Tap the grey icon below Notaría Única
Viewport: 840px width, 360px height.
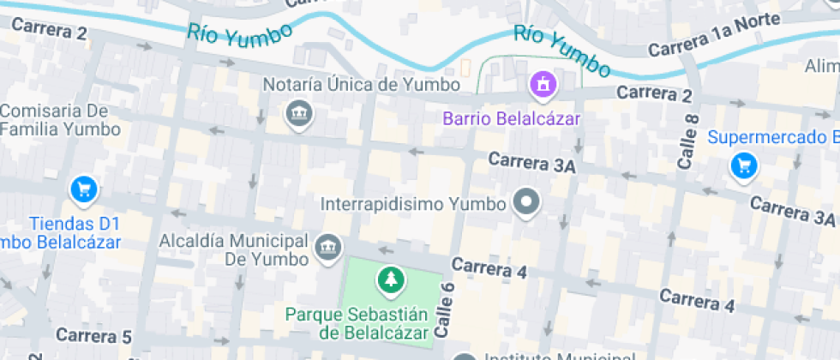tap(298, 113)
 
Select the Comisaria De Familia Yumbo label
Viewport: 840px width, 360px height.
tap(60, 120)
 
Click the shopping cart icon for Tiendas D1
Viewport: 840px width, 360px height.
tap(83, 189)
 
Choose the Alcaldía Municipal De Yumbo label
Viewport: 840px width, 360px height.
tap(233, 249)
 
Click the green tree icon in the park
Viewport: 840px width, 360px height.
tap(391, 279)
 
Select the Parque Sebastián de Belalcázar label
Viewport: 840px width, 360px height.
tap(357, 323)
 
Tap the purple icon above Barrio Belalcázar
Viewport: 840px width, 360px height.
tap(543, 84)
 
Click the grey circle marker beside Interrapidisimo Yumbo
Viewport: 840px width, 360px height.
tap(525, 204)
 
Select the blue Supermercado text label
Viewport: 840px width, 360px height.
tap(771, 137)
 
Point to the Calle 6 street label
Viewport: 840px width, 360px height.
tap(443, 309)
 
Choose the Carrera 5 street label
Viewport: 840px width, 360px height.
tap(94, 335)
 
